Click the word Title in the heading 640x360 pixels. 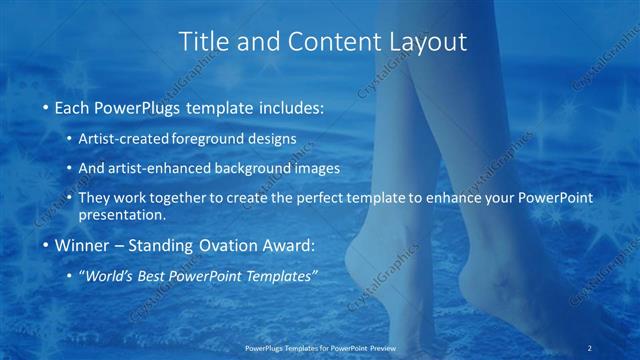(x=200, y=42)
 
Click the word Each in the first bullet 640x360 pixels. (x=71, y=106)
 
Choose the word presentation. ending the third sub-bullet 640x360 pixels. (x=128, y=215)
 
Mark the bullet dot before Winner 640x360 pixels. (x=46, y=245)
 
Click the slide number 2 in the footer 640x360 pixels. (x=592, y=348)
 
